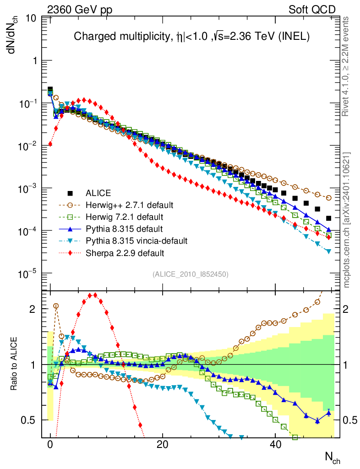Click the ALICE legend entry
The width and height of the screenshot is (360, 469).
tap(98, 193)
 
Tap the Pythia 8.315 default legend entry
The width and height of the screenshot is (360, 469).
tap(124, 229)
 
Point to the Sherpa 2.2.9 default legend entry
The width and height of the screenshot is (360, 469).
tap(125, 252)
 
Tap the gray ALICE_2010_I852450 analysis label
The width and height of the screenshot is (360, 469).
tap(191, 274)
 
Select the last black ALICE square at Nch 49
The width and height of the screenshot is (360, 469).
tap(328, 218)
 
